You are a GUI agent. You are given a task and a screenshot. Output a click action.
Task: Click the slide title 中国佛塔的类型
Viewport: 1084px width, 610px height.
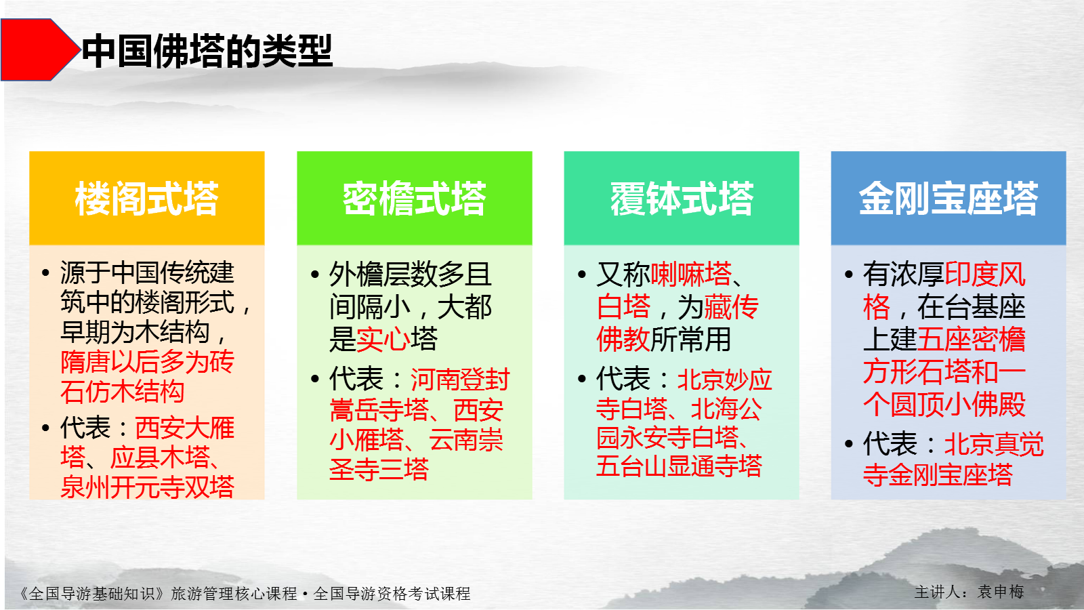pos(207,51)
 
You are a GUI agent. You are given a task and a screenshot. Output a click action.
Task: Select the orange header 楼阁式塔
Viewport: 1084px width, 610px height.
pos(146,199)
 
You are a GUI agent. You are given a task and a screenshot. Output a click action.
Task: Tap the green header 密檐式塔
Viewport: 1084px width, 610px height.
pos(414,199)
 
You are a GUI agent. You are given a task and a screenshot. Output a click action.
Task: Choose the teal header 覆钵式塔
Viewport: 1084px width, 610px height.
pos(682,199)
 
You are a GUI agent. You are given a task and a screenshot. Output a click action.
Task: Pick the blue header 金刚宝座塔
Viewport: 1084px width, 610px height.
pos(948,199)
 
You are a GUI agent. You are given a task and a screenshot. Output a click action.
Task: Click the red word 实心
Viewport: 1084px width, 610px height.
pos(383,339)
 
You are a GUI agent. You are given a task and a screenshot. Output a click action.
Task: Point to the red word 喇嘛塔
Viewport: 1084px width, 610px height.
pos(690,274)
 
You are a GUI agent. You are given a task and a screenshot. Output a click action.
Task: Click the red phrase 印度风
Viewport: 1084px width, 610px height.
pos(985,274)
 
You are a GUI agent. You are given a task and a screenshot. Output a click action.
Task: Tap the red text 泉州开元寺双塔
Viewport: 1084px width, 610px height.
pos(148,487)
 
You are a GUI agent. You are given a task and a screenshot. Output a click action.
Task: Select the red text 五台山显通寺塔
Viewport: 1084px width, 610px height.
pos(679,466)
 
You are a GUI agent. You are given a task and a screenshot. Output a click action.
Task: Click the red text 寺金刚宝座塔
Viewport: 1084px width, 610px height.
pos(938,474)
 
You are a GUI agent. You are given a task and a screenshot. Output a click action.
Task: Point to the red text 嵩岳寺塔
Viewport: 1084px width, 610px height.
pos(379,410)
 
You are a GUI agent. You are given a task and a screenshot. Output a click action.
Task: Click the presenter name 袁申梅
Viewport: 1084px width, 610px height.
pos(1000,592)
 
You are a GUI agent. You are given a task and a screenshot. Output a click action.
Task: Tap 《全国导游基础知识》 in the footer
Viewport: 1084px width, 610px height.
pos(91,594)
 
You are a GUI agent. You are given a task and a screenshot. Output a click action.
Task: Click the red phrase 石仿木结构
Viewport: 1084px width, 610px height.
pos(123,392)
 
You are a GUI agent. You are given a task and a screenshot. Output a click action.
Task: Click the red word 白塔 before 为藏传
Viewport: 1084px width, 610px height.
pos(623,306)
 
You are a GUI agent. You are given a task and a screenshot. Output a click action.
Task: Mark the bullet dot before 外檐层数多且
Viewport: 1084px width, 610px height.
pos(315,274)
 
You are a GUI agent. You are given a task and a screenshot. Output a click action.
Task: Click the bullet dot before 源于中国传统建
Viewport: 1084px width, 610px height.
pos(45,272)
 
